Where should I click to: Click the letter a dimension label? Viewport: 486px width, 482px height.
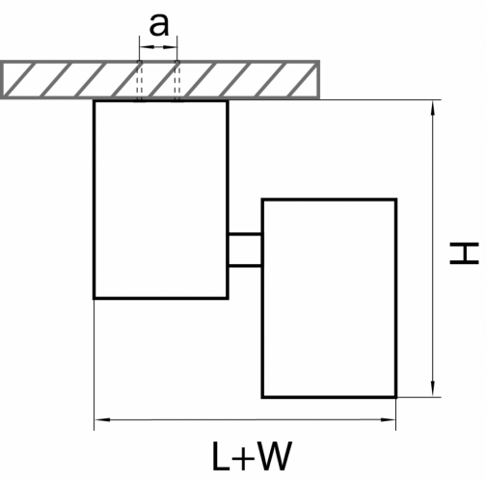(159, 26)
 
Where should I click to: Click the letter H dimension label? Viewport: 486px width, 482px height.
(464, 254)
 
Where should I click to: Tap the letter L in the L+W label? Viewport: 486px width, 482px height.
(221, 456)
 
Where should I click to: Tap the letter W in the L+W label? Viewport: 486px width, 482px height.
(275, 456)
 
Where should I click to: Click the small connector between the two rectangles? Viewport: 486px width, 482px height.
(245, 251)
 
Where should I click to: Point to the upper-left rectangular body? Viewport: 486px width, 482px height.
(161, 200)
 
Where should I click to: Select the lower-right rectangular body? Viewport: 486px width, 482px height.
(330, 299)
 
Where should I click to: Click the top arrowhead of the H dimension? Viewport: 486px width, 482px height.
(433, 108)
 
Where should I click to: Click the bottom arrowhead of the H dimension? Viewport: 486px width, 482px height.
(433, 389)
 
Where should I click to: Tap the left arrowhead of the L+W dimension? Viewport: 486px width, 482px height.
(103, 419)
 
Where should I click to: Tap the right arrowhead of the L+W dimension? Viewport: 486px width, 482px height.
(388, 419)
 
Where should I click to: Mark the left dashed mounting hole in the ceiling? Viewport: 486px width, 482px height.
(140, 81)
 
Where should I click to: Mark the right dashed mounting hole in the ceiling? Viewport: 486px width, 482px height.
(177, 81)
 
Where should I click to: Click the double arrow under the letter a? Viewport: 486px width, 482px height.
(158, 47)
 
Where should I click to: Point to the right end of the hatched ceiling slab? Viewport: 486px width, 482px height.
(318, 79)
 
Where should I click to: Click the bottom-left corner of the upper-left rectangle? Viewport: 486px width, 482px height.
(94, 299)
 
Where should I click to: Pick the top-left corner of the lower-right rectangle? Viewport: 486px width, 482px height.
(262, 200)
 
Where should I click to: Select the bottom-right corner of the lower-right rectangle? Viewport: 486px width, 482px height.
(396, 397)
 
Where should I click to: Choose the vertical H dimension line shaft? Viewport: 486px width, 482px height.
(433, 249)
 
